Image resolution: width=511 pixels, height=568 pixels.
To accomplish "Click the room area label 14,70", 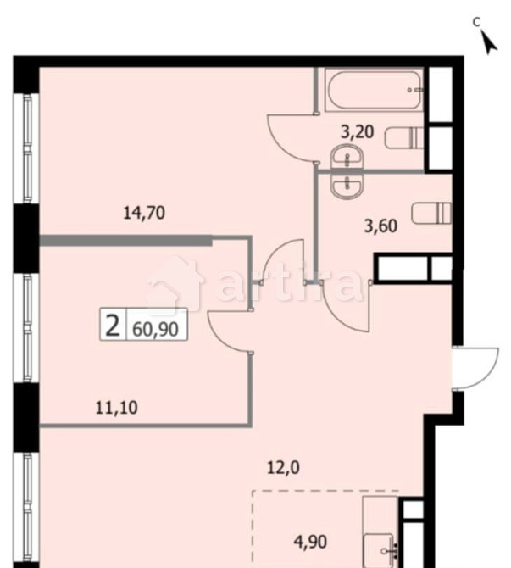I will coord(143,213).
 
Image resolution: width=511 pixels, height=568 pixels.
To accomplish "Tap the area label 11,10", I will coord(116,408).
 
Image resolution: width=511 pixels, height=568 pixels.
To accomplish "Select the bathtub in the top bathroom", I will coord(375,90).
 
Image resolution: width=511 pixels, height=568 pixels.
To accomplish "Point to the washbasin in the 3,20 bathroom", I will coord(346,158).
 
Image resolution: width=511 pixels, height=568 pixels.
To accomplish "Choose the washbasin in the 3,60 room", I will coord(346,186).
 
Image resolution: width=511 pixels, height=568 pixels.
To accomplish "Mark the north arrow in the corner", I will coord(487,40).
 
